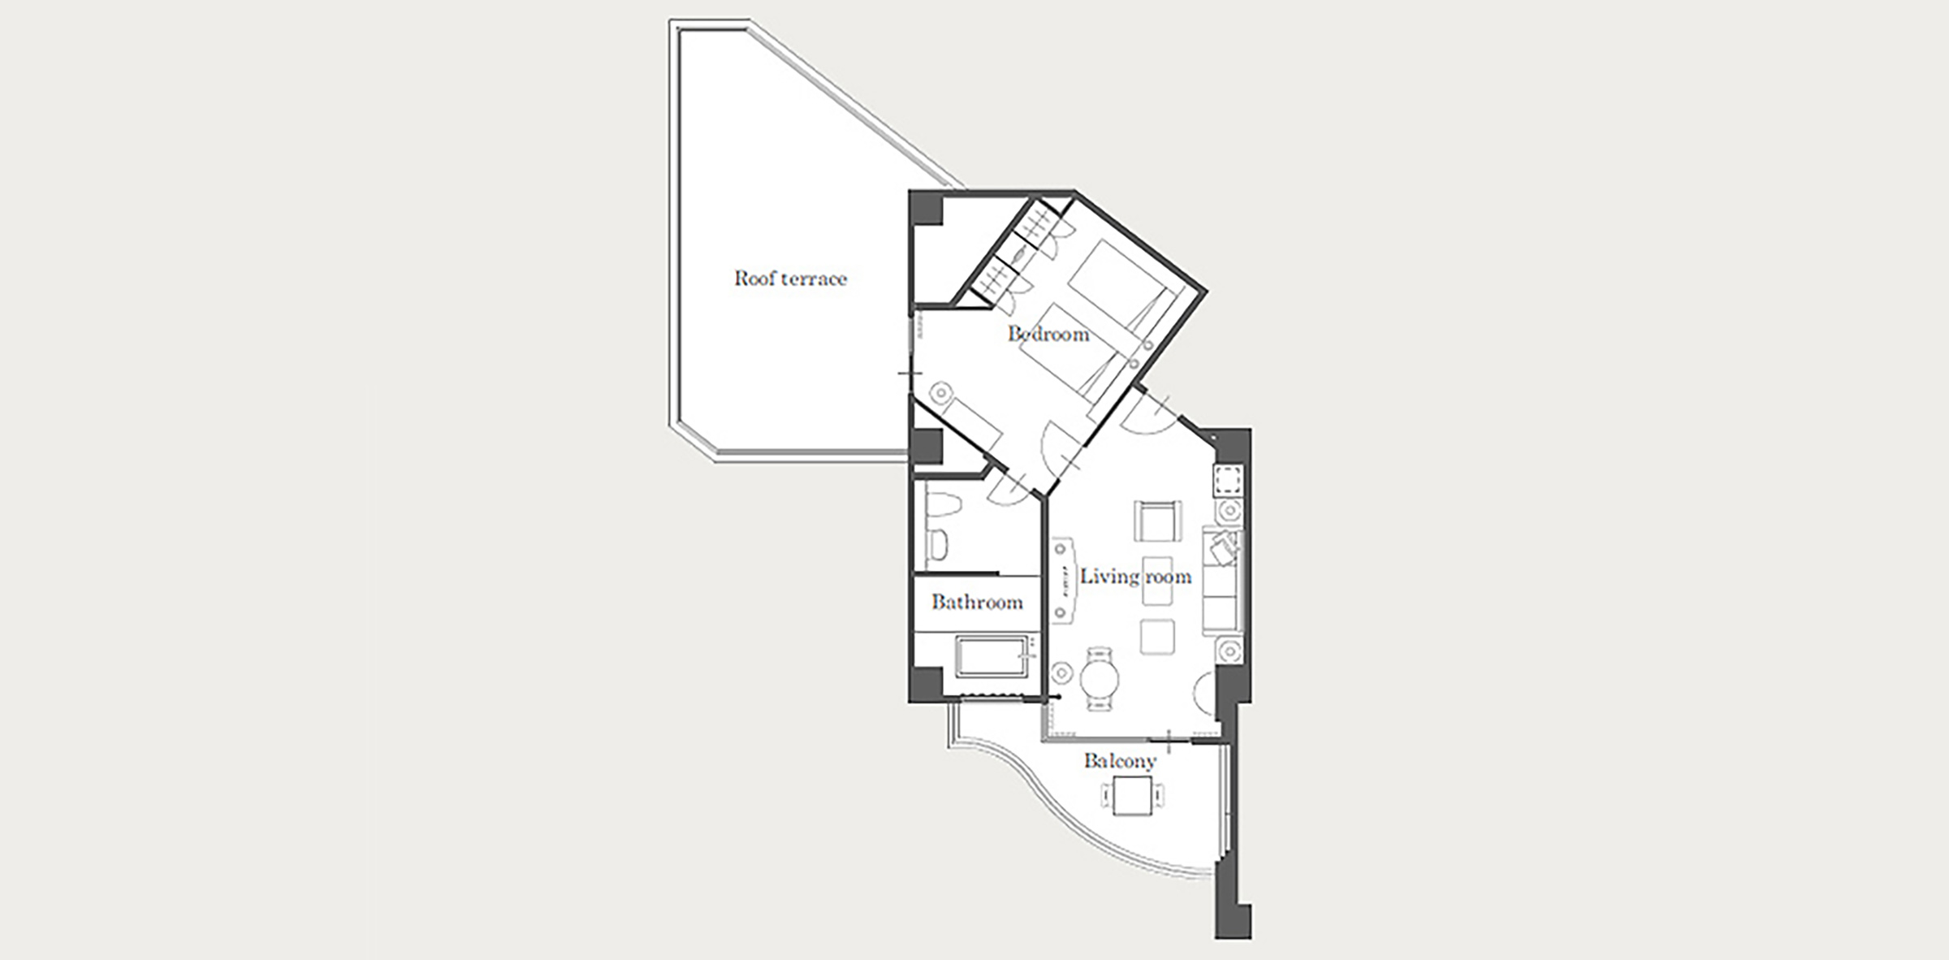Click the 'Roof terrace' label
point(790,279)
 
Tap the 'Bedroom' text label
point(1048,334)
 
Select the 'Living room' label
point(1135,577)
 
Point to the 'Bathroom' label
point(977,602)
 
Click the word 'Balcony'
point(1120,761)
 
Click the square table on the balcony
point(1133,796)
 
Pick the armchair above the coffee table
point(1157,521)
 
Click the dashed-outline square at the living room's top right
point(1229,481)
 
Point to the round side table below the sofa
point(1229,651)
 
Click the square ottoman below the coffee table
point(1156,637)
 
